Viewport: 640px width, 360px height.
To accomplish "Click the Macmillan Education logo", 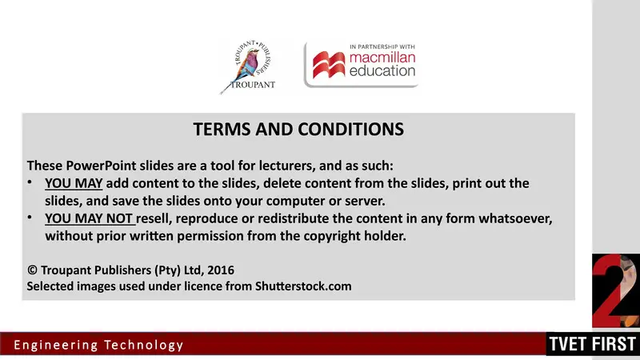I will coord(362,65).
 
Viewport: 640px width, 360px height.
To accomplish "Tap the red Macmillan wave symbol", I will coord(326,65).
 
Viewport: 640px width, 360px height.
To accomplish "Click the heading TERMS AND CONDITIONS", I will coord(298,129).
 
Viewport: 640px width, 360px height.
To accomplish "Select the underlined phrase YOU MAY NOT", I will coord(90,218).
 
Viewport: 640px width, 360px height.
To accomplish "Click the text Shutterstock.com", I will coord(304,286).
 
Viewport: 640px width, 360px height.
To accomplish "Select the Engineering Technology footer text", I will coord(98,346).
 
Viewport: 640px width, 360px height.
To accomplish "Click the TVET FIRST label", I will coord(592,346).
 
